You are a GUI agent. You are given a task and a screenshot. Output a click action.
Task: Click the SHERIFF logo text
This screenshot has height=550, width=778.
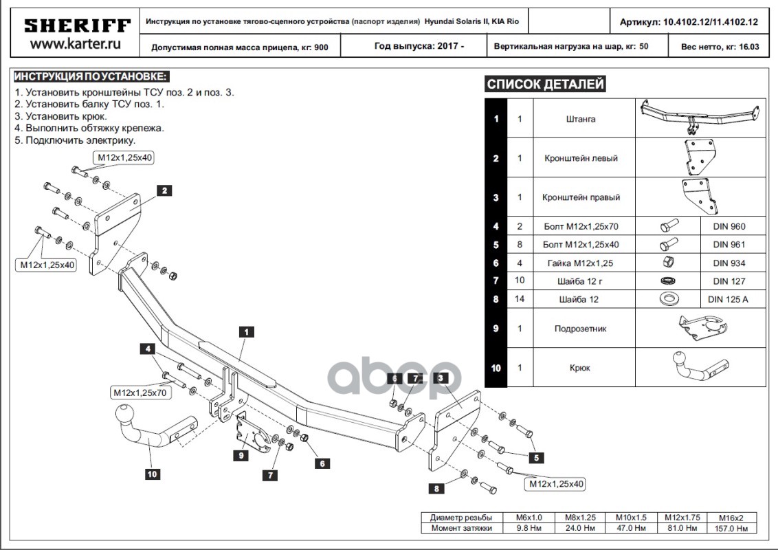coord(77,26)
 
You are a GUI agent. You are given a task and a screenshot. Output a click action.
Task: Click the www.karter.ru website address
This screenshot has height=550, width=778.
coord(77,45)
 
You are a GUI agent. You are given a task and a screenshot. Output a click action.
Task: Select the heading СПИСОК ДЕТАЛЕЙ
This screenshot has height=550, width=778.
coord(545,85)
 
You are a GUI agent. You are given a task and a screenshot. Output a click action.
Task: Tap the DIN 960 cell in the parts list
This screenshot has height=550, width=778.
coord(729,226)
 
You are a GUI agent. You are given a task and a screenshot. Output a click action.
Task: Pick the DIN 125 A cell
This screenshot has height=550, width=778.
coord(729,299)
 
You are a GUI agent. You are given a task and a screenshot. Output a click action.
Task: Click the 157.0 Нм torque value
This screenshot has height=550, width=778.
coord(731,528)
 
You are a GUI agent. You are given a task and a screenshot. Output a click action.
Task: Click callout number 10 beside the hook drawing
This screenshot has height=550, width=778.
coord(152,472)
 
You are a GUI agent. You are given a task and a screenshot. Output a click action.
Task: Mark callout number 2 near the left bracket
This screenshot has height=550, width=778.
coord(164,190)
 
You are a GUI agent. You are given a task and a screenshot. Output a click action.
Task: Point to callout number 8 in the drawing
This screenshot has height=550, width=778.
coord(436,489)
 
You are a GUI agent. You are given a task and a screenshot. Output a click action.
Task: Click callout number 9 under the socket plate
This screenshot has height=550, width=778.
coord(242,455)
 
